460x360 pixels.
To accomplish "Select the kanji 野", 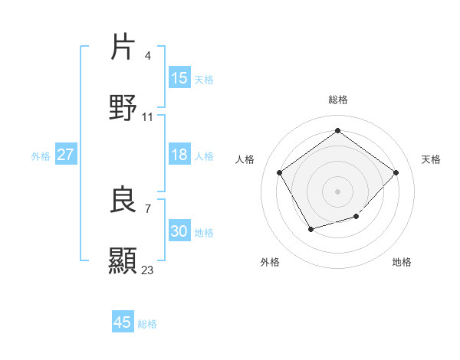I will [x=123, y=107].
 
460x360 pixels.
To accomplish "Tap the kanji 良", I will [x=123, y=199].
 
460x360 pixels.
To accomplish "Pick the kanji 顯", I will [x=123, y=260].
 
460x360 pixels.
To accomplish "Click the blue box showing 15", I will [x=179, y=77].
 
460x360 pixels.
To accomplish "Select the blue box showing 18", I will [x=179, y=155].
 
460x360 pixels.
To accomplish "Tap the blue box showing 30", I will [x=179, y=231].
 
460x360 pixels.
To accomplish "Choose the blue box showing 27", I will [x=65, y=155].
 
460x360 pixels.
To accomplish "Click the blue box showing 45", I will [x=123, y=322].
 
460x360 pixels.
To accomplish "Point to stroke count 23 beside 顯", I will [x=148, y=270].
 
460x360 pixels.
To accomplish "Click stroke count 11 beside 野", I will [x=148, y=116].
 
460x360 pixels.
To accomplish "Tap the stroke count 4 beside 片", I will [x=147, y=55].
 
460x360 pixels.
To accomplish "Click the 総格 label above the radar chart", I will [x=338, y=100].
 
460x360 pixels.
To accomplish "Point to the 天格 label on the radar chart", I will [x=431, y=159].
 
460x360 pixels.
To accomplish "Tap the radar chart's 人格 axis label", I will [x=245, y=159].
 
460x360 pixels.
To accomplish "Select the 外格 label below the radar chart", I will [x=270, y=262].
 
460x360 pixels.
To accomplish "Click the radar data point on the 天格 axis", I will [x=396, y=172].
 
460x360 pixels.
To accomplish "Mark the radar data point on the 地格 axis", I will [x=356, y=217].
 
